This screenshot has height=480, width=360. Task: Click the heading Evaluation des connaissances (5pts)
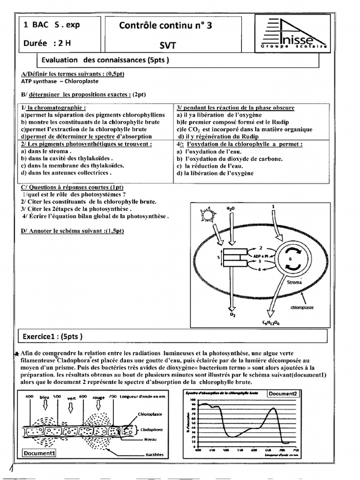[105, 60]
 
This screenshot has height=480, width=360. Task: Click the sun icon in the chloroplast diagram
[207, 215]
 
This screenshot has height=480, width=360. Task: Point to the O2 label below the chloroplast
[232, 315]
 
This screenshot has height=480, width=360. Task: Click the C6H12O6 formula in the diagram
[270, 323]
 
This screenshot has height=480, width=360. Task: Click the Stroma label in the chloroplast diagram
[294, 283]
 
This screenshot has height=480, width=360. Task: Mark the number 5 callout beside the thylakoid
[218, 257]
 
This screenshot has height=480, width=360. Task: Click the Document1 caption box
[40, 453]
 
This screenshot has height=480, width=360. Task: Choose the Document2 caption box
[283, 394]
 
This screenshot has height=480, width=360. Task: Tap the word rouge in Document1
[99, 397]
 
